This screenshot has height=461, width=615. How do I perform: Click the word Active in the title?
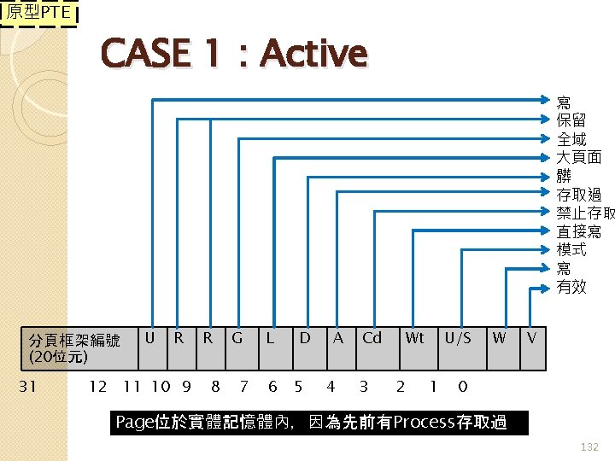coord(313,54)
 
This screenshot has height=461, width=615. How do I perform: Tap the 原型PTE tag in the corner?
coord(38,14)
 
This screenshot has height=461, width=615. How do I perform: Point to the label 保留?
coord(571,120)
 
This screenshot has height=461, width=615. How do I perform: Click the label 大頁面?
coord(579,157)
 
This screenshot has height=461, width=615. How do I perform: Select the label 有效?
coord(571,287)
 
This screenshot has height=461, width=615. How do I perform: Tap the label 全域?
coord(571,138)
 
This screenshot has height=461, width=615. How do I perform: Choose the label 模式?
coord(571,249)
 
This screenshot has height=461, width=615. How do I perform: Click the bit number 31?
coord(27,387)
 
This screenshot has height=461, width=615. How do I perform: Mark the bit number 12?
coord(98,387)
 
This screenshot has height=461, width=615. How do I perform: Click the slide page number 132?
coord(589,446)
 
